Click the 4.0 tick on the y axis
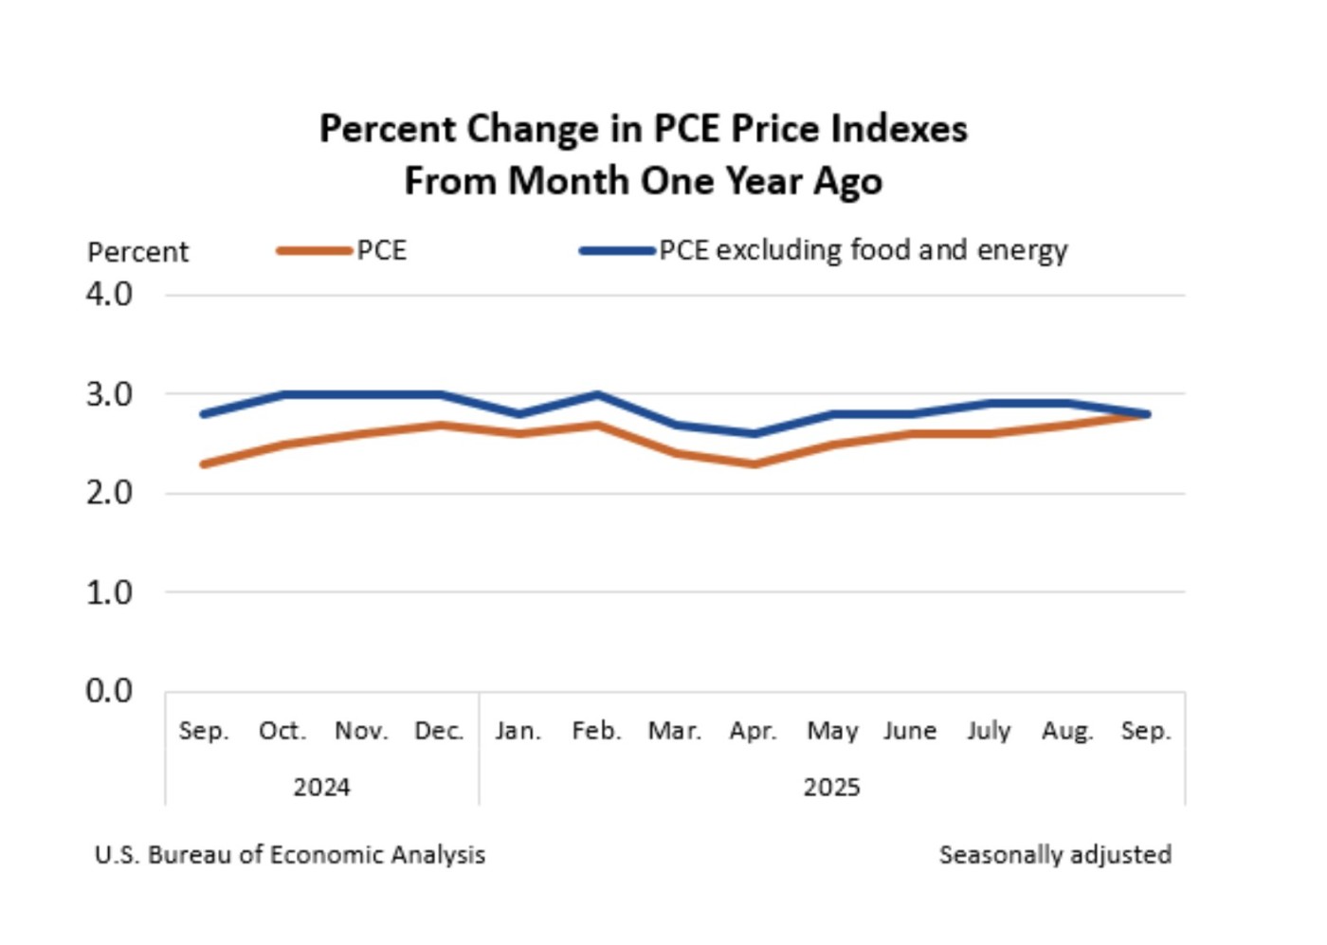point(109,294)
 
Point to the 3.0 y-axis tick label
point(109,393)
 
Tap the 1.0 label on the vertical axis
point(109,592)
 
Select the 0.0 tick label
point(109,691)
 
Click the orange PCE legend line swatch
point(314,251)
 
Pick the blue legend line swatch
point(617,251)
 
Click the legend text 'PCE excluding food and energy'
point(863,250)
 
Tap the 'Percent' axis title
point(137,252)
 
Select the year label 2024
point(321,788)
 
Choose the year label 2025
point(831,788)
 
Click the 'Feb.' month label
point(596,731)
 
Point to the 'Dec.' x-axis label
point(439,731)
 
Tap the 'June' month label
point(910,731)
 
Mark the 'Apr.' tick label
point(753,731)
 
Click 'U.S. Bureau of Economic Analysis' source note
point(289,855)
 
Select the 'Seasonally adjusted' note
point(1055,855)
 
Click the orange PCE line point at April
point(754,463)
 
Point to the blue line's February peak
point(596,394)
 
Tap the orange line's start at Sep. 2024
point(204,463)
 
